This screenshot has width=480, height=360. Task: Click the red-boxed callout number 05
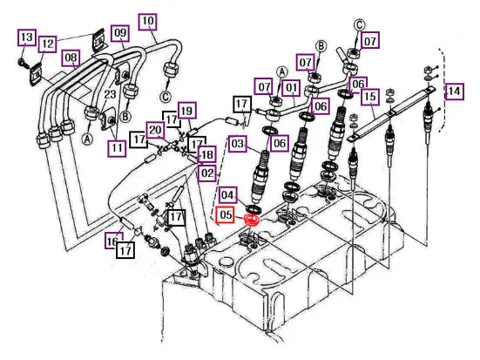point(225,215)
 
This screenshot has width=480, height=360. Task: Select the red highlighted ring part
point(252,221)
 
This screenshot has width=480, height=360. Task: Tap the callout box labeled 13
point(27,37)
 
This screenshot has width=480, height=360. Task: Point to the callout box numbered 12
point(47,44)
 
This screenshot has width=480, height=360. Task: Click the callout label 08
point(71,58)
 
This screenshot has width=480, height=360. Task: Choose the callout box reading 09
point(120,33)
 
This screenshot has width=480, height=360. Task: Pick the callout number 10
point(148,21)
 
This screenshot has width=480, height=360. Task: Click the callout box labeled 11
point(117,148)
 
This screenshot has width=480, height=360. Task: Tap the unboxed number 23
point(110,94)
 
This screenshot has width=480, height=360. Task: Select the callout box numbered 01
point(292,88)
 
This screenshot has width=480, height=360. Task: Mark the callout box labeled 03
point(237,144)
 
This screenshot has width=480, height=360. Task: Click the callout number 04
point(227,195)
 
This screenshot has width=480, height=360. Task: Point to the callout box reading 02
point(207,173)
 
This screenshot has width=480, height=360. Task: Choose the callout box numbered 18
point(207,155)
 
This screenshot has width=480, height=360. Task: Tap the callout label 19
point(186,111)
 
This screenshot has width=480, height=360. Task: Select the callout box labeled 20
point(155,131)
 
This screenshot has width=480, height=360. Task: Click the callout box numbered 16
point(112,241)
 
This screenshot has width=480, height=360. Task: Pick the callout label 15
point(370,97)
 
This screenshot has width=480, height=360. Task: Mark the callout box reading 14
point(454,92)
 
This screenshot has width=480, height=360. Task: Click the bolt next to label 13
point(23,62)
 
